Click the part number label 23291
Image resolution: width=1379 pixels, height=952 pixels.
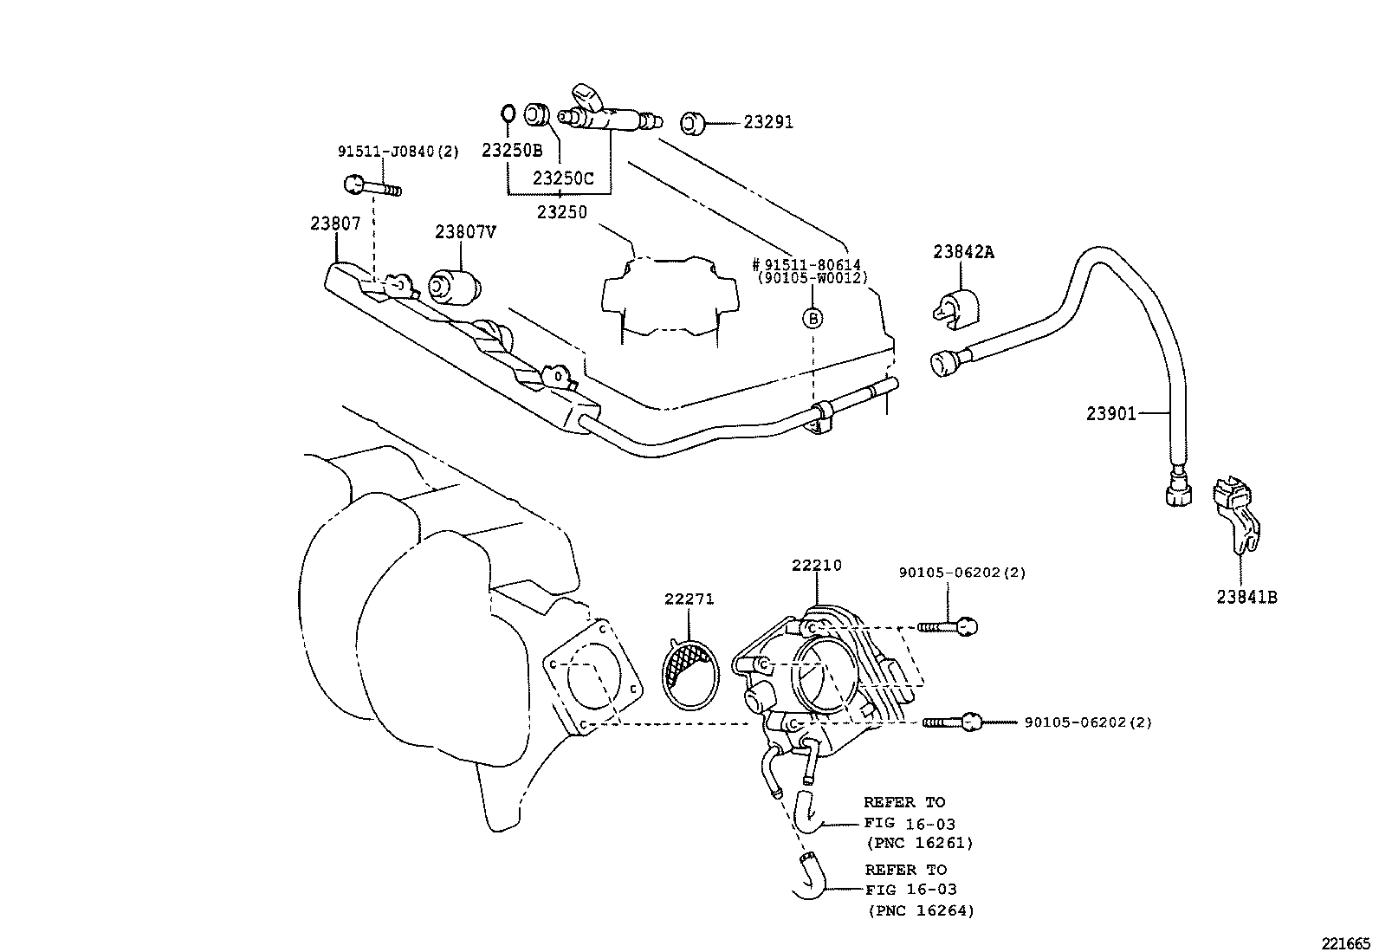pos(767,123)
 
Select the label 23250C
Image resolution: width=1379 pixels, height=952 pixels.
pos(563,178)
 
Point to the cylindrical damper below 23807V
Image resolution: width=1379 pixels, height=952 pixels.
pos(456,285)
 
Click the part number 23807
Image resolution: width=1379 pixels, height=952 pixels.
pos(335,223)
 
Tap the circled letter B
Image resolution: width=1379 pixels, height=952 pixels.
pos(813,318)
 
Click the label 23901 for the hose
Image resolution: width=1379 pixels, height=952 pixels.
pos(1111,414)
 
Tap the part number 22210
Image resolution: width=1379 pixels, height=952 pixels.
pos(816,566)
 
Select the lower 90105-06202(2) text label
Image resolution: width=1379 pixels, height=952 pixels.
pos(1088,722)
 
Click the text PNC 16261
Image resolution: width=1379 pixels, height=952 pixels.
pos(919,843)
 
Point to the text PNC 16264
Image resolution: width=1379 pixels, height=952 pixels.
pos(920,910)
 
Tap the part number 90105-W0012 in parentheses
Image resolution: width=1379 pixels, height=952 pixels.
pos(813,278)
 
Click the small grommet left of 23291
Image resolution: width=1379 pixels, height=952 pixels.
pos(692,123)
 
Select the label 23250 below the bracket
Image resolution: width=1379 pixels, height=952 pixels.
pos(562,210)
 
